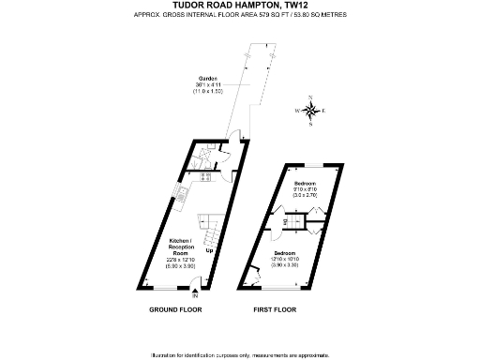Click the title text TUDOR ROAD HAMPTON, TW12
click(x=239, y=7)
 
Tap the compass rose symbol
click(x=311, y=112)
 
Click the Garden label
click(x=208, y=77)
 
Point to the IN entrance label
click(x=196, y=296)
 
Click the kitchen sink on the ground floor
click(x=179, y=195)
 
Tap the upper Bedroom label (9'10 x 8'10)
click(x=305, y=182)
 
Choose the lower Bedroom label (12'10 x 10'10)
click(x=285, y=254)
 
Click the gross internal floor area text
click(x=239, y=16)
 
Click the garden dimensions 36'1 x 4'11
click(x=207, y=85)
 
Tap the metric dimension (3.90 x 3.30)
click(x=285, y=266)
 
